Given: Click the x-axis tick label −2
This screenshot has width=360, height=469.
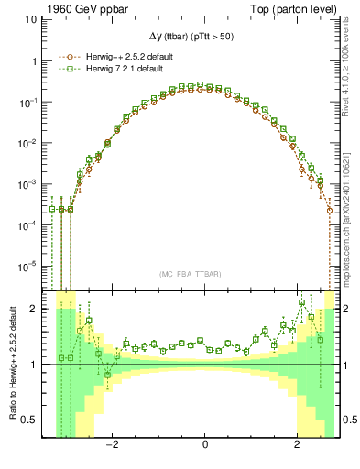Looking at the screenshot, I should (x=111, y=446).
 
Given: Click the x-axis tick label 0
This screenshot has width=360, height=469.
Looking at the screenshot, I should (x=205, y=446).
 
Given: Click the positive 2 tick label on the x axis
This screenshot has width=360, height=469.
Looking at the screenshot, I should (x=298, y=446).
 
